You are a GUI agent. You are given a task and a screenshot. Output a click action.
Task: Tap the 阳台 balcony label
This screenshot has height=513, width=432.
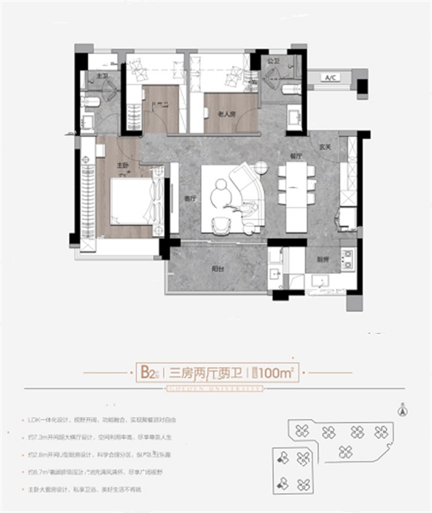[218, 269]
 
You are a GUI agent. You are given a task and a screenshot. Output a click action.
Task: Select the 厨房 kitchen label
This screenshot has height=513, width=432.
[323, 259]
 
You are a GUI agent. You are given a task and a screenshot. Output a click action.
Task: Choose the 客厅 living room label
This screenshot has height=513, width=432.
[190, 199]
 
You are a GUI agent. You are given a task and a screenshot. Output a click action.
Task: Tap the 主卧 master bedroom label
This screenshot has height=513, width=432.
[122, 166]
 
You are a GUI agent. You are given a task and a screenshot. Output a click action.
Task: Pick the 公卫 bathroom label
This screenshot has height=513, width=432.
[273, 61]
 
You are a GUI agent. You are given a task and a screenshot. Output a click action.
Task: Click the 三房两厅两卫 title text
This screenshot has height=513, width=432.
[206, 373]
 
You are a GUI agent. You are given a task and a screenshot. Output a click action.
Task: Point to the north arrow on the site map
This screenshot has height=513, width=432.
[403, 410]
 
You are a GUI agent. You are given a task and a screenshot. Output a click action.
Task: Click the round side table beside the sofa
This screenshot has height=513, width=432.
[261, 167]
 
